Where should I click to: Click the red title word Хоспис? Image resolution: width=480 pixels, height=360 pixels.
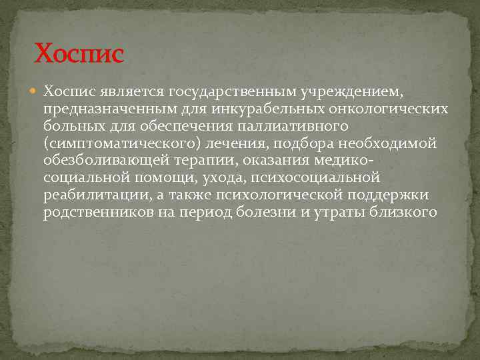79,53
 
